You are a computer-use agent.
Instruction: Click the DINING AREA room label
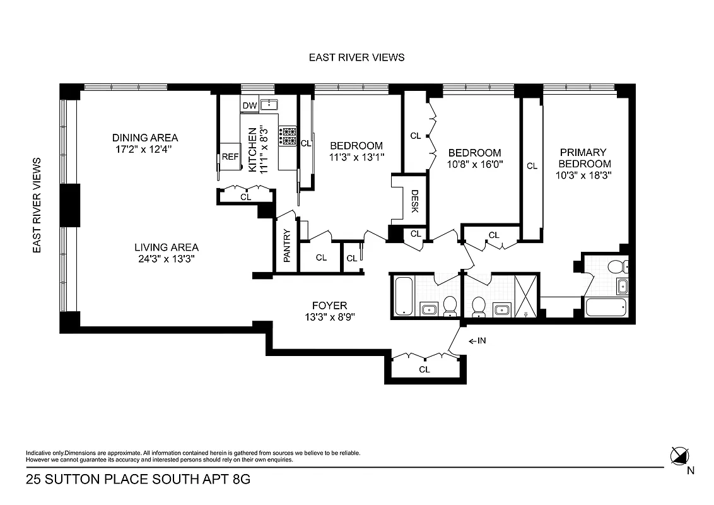pyautogui.click(x=145, y=138)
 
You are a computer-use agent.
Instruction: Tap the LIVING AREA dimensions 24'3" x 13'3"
pyautogui.click(x=167, y=259)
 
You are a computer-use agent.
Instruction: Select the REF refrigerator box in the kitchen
pyautogui.click(x=230, y=157)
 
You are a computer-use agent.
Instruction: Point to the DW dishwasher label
pyautogui.click(x=249, y=105)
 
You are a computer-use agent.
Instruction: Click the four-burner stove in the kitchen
pyautogui.click(x=289, y=137)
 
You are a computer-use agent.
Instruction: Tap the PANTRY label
pyautogui.click(x=286, y=246)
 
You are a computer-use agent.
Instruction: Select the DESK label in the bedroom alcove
pyautogui.click(x=414, y=201)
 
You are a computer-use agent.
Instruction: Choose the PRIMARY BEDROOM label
pyautogui.click(x=582, y=158)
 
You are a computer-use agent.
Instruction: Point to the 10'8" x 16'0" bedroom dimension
pyautogui.click(x=475, y=164)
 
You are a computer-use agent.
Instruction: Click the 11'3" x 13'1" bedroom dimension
pyautogui.click(x=356, y=157)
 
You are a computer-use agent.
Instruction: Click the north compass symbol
pyautogui.click(x=680, y=454)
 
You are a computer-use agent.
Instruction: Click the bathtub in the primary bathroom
pyautogui.click(x=606, y=307)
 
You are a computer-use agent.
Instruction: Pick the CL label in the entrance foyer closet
pyautogui.click(x=424, y=369)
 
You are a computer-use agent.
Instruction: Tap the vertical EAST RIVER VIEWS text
pyautogui.click(x=37, y=206)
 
